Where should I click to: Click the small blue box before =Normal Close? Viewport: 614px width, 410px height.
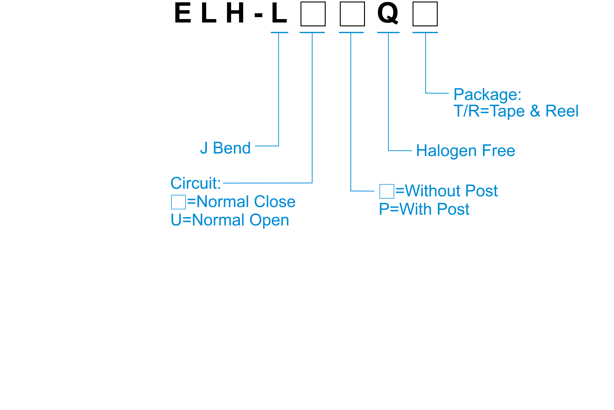coord(178,202)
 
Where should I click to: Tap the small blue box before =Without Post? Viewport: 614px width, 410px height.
coord(387,191)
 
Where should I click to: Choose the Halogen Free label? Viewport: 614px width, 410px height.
coord(465,151)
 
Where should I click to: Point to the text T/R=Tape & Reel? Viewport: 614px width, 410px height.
coord(516,111)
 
